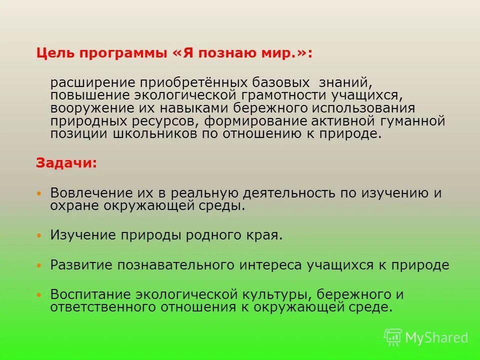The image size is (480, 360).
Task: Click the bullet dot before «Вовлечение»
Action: tap(39, 193)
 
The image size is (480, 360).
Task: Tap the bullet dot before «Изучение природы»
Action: tap(39, 235)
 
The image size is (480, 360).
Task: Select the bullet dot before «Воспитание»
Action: tap(39, 295)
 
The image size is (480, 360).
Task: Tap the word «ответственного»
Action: tap(100, 307)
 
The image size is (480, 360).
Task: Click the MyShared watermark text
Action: tap(436, 338)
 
